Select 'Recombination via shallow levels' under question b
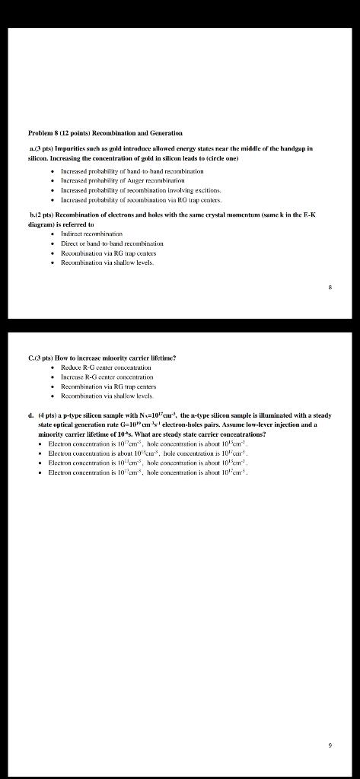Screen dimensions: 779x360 107,262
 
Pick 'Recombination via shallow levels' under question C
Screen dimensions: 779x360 107,396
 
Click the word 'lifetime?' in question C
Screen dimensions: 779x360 159,357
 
